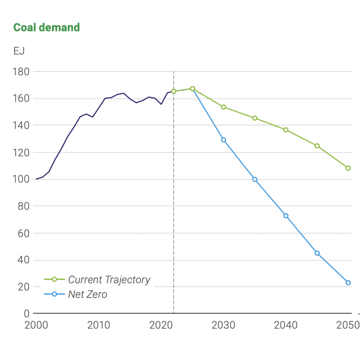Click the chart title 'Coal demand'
(x=46, y=27)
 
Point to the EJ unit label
(x=19, y=51)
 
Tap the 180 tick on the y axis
(x=21, y=72)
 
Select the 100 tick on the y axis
(x=21, y=179)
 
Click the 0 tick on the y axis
(x=27, y=313)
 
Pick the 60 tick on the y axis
(x=23, y=233)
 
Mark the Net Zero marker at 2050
(x=348, y=282)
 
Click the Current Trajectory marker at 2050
(x=348, y=168)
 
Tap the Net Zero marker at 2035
(x=255, y=179)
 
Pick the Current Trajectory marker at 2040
(x=286, y=130)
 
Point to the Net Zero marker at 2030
(x=224, y=140)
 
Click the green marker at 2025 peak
(x=193, y=88)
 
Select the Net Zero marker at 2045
(x=317, y=253)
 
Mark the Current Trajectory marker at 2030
(x=224, y=107)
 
